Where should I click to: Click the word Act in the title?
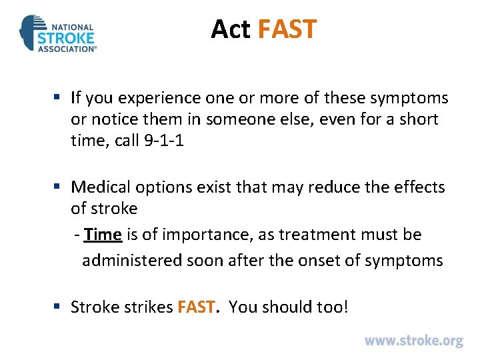230,29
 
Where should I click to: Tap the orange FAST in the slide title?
287,29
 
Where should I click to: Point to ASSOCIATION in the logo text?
67,48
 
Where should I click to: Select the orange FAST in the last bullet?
195,307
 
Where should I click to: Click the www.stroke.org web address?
413,341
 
